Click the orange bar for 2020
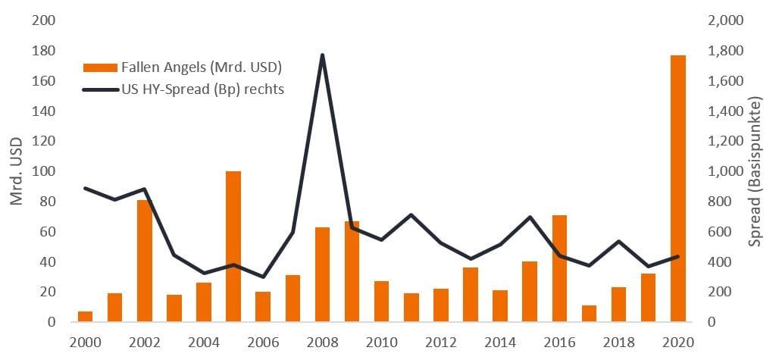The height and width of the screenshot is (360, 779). coord(677,189)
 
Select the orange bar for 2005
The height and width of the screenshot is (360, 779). coord(233,246)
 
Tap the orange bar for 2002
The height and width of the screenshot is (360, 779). coord(145,261)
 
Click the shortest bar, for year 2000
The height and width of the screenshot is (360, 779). coord(86,316)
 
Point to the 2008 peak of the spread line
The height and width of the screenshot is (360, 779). coord(322,55)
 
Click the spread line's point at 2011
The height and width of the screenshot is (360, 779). coord(411,215)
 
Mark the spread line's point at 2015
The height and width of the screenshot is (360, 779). coord(530,218)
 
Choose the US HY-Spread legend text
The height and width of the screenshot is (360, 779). coord(202,89)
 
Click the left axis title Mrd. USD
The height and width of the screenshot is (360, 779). coord(17,171)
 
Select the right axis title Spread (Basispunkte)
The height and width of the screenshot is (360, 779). coord(755,171)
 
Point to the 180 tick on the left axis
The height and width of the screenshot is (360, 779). coord(45,51)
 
